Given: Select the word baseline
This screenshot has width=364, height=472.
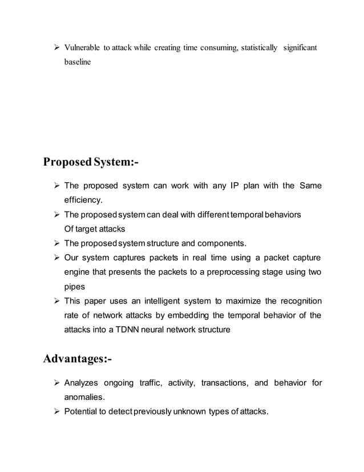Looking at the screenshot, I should click(x=77, y=62).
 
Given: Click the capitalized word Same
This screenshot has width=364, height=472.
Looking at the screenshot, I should click(x=310, y=186).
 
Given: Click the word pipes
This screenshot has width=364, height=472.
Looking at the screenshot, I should click(x=74, y=286).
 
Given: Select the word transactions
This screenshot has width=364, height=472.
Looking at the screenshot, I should click(x=219, y=382).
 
